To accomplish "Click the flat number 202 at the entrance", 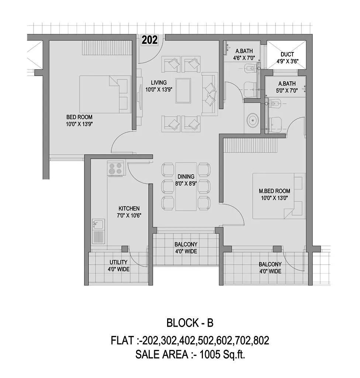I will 150,40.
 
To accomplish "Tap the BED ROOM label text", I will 79,117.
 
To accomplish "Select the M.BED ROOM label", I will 274,191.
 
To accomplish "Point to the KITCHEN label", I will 129,208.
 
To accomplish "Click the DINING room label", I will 186,176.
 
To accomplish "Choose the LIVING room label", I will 158,82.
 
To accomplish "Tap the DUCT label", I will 287,54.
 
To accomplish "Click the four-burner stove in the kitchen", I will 115,169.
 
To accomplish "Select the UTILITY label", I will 118,262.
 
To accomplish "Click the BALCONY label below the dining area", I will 186,244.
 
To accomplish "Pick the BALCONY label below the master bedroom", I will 270,264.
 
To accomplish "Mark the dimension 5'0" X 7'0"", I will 287,90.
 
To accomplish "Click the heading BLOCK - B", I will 190,323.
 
